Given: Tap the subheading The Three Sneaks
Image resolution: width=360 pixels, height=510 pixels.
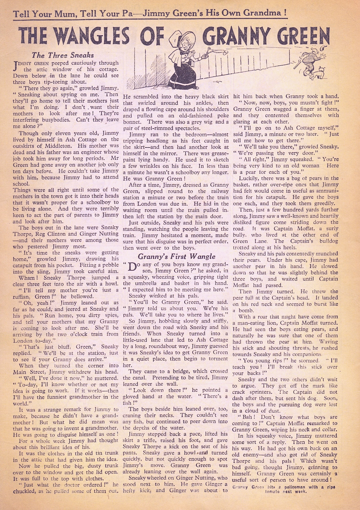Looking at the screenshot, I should point(62,54).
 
